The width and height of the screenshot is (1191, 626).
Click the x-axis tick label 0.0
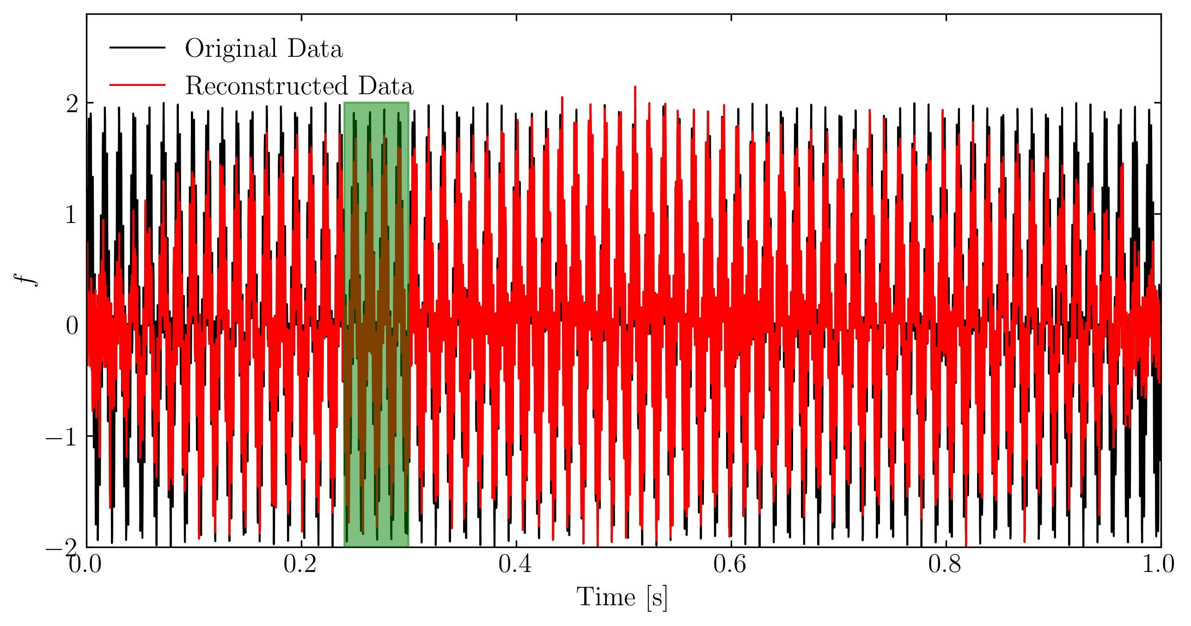coord(85,565)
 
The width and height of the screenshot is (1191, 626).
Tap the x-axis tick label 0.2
coord(300,565)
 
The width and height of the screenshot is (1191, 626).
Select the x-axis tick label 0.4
coord(515,565)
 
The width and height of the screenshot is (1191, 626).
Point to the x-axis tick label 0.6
coord(730,565)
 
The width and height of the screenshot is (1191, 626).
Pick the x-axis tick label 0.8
coord(945,565)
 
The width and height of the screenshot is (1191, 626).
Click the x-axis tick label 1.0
coord(1158,565)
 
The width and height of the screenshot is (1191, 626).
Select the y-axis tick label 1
coord(71,215)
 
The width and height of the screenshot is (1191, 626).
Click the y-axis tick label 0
coord(72,326)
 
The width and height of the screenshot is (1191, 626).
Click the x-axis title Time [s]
coord(623,597)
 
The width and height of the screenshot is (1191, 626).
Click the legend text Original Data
coord(264,48)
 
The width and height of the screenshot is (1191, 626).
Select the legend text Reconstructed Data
coord(299,86)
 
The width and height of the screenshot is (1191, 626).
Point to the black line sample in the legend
coord(137,47)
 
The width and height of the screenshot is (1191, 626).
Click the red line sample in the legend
coord(137,84)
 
